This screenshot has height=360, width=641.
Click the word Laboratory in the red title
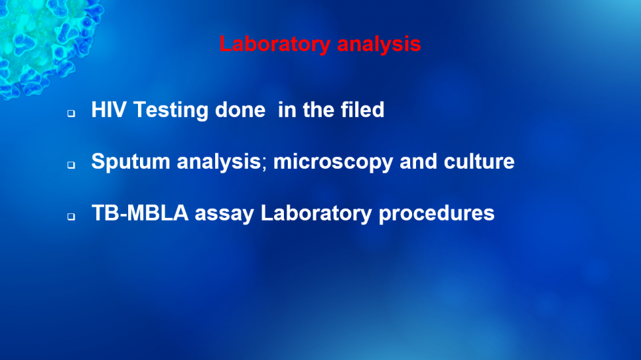point(275,45)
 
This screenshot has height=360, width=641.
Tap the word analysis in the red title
point(379,45)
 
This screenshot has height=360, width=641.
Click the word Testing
point(171,111)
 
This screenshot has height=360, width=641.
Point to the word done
point(241,110)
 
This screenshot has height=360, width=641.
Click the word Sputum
point(131,162)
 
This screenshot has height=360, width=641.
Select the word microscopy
point(333,162)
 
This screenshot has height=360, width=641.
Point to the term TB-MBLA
point(140,213)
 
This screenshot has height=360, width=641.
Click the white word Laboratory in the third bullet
point(317,213)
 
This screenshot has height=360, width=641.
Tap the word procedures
point(437,213)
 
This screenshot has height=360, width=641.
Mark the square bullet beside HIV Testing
point(71,113)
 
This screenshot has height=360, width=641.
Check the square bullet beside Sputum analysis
point(71,165)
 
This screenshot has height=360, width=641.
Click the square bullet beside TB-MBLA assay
point(71,217)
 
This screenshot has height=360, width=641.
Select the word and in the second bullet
point(419,161)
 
